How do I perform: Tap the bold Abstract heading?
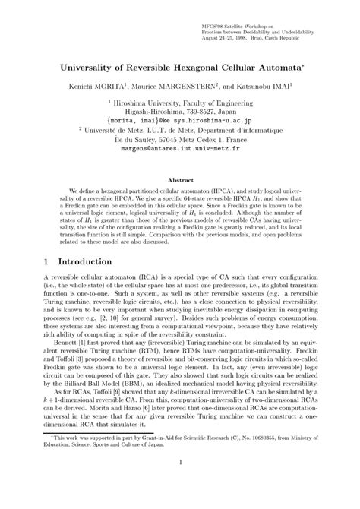pyautogui.click(x=180, y=180)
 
